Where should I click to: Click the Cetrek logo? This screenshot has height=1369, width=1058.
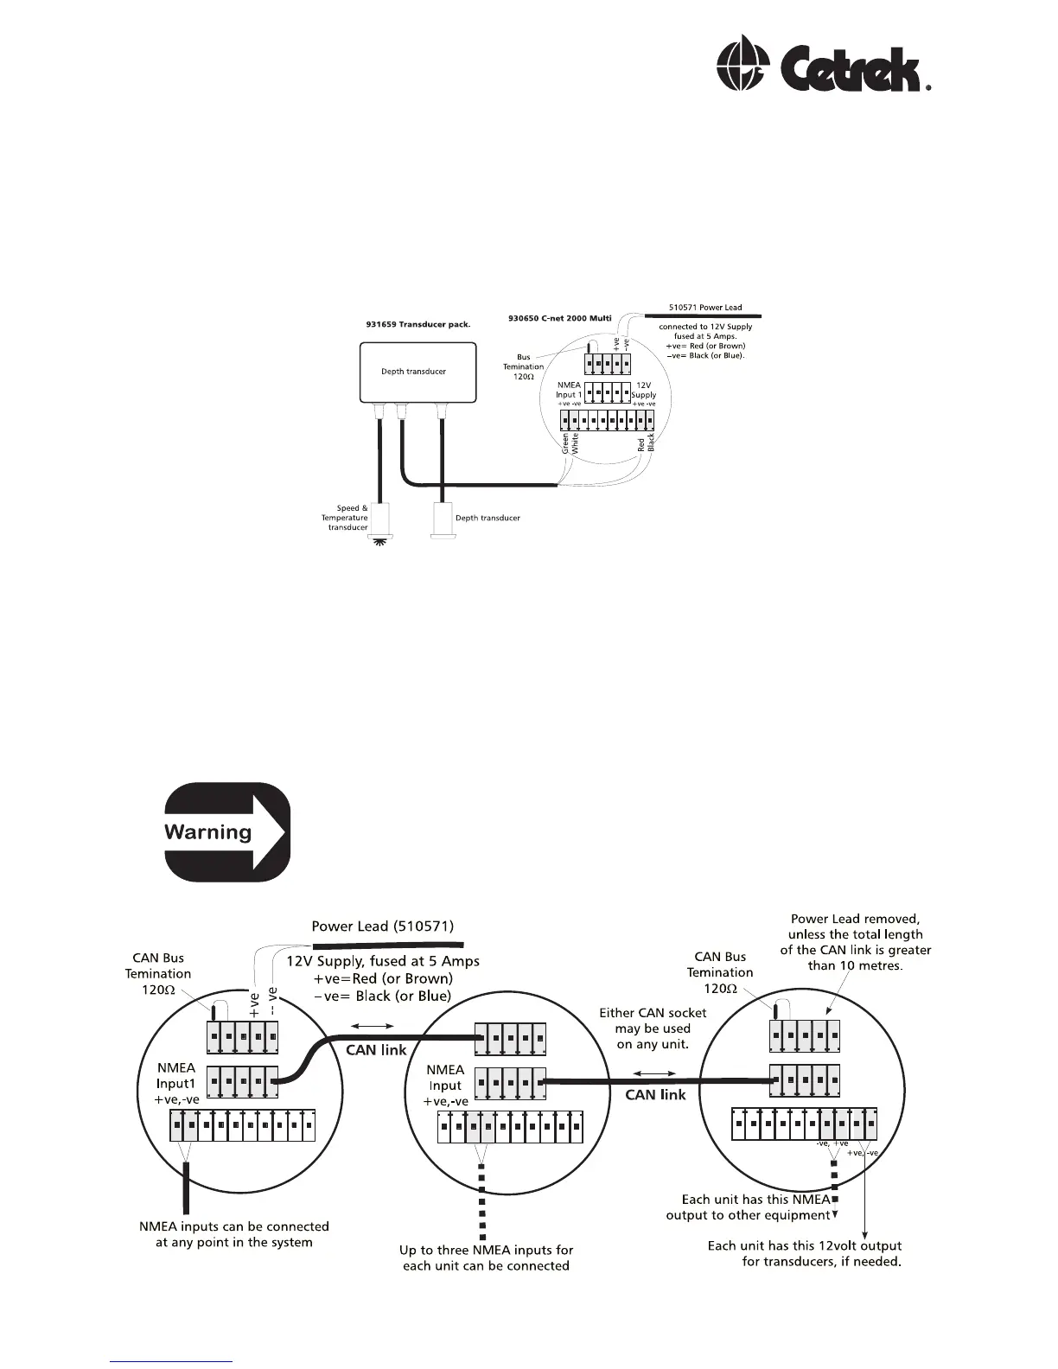(824, 64)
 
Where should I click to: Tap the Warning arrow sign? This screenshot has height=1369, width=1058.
(227, 832)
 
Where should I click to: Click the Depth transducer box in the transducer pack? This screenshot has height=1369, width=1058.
(417, 372)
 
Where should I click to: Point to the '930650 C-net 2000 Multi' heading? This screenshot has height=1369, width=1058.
(558, 318)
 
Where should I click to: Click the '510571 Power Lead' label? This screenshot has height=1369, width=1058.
(705, 307)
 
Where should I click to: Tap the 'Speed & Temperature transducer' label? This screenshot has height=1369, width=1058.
(346, 518)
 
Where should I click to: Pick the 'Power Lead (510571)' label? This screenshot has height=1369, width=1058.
(382, 926)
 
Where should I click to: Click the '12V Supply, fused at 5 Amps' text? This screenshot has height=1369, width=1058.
(382, 961)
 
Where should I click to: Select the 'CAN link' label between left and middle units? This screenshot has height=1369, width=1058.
(376, 1050)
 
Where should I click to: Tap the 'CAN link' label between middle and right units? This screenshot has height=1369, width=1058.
(655, 1094)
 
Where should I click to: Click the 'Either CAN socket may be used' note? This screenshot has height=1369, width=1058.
(653, 1028)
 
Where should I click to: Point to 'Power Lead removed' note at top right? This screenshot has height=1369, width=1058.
(855, 942)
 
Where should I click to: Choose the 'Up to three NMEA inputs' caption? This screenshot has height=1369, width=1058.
(486, 1258)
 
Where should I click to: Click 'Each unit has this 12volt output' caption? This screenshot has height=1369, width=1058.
(804, 1253)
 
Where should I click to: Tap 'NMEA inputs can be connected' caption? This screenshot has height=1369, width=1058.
(234, 1234)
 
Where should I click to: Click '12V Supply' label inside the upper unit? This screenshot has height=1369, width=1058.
(644, 390)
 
